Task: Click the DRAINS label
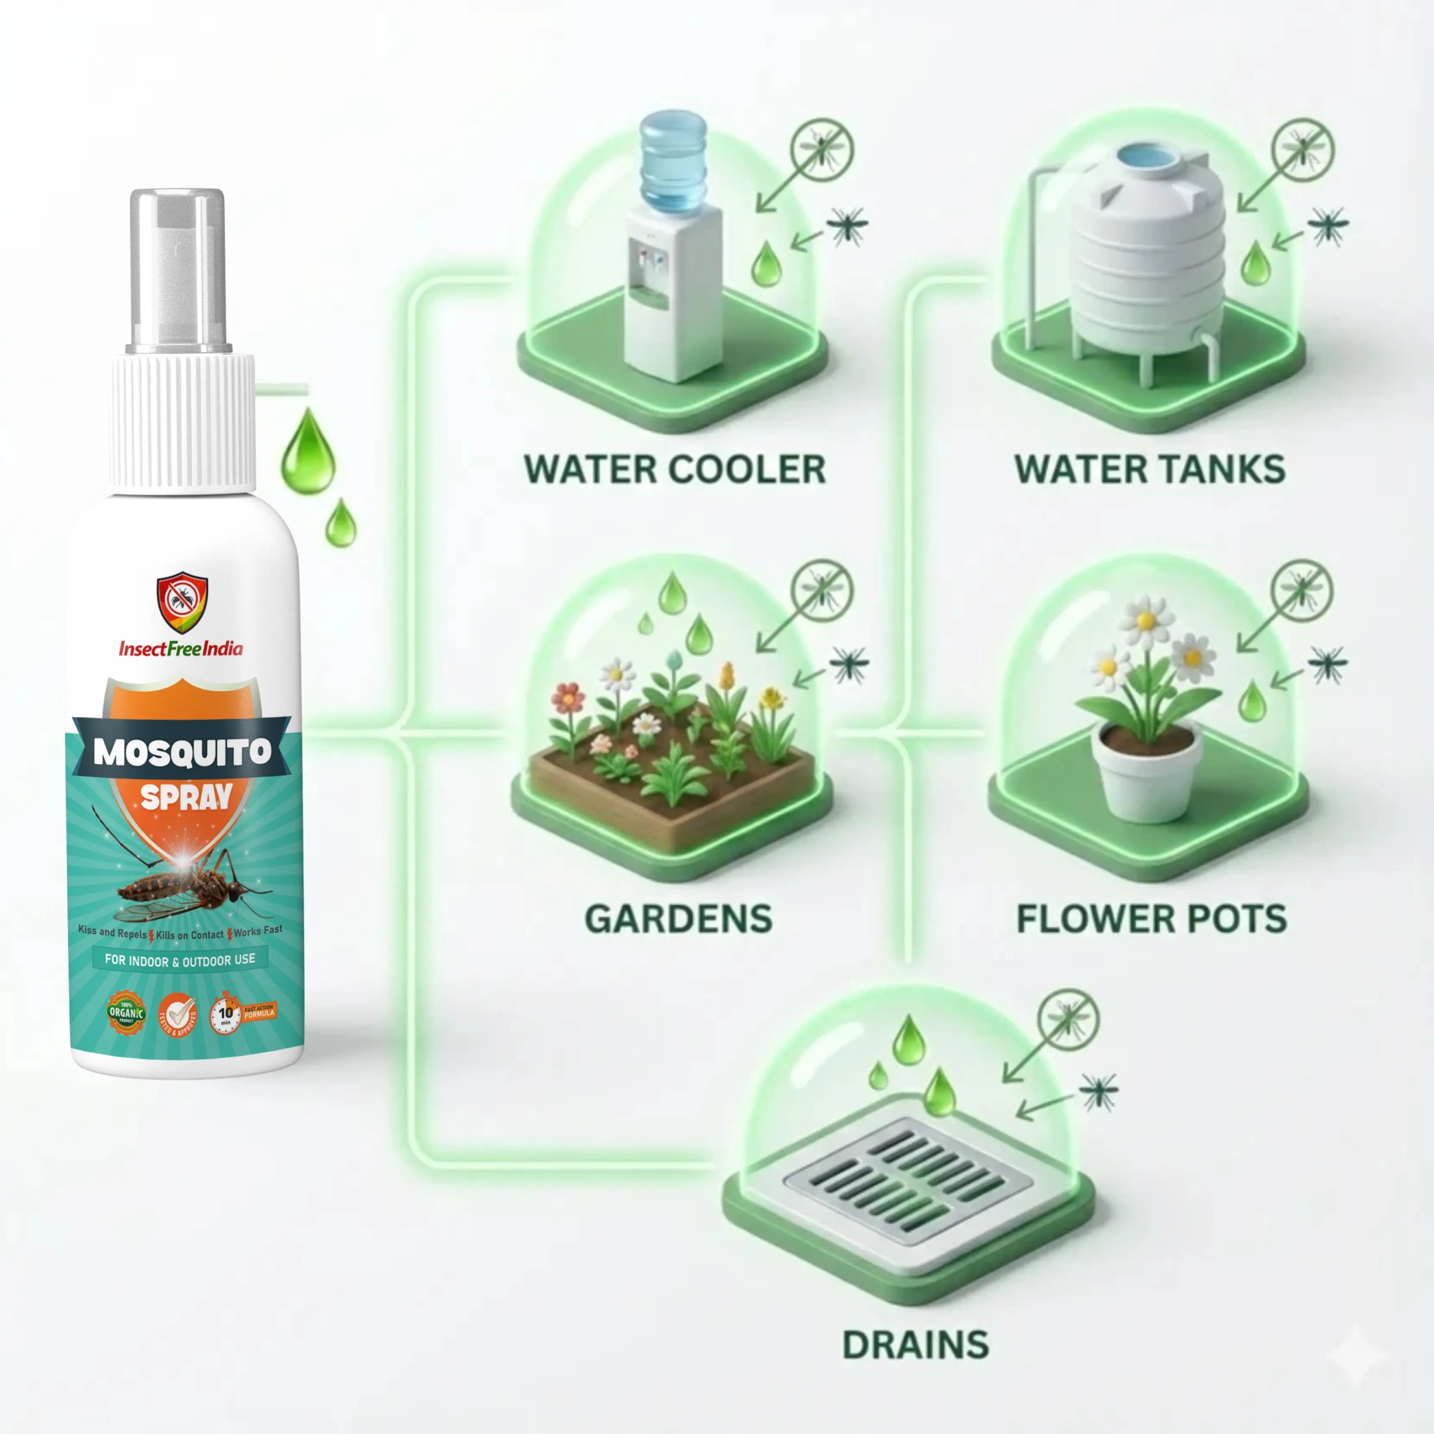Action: click(x=915, y=1344)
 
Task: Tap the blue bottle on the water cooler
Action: click(x=673, y=160)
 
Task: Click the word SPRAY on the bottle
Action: click(x=186, y=797)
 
